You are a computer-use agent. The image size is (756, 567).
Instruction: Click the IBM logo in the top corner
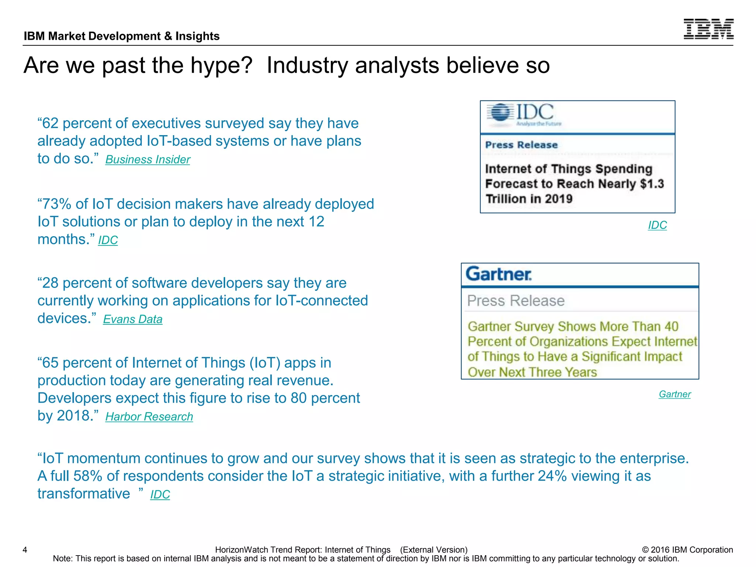click(708, 29)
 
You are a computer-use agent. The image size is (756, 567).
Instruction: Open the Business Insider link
click(148, 159)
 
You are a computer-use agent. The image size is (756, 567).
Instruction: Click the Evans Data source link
click(133, 319)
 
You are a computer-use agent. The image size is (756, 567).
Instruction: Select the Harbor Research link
click(149, 416)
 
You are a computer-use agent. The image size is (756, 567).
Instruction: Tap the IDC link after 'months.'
click(108, 240)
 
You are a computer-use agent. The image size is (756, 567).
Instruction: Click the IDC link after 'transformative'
click(160, 494)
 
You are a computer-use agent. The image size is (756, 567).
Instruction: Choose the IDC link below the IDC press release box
click(657, 225)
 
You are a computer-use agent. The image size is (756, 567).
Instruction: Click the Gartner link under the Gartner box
click(674, 394)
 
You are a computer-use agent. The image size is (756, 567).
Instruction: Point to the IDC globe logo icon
click(500, 112)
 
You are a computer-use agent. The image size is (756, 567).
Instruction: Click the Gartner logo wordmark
click(498, 274)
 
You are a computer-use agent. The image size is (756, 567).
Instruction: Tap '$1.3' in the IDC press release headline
click(652, 184)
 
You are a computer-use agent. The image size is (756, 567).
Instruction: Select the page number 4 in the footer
click(25, 550)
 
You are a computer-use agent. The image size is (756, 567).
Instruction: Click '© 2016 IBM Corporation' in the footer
click(687, 550)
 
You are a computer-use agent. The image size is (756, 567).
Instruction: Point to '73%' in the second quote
click(55, 204)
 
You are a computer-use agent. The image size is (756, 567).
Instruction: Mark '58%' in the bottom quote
click(87, 476)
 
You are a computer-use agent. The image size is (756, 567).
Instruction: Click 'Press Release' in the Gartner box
click(516, 300)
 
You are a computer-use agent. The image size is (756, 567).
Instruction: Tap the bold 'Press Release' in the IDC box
click(521, 145)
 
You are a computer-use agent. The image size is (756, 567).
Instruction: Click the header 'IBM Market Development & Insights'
click(121, 36)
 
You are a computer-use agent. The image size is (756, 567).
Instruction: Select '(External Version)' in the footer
click(434, 550)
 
